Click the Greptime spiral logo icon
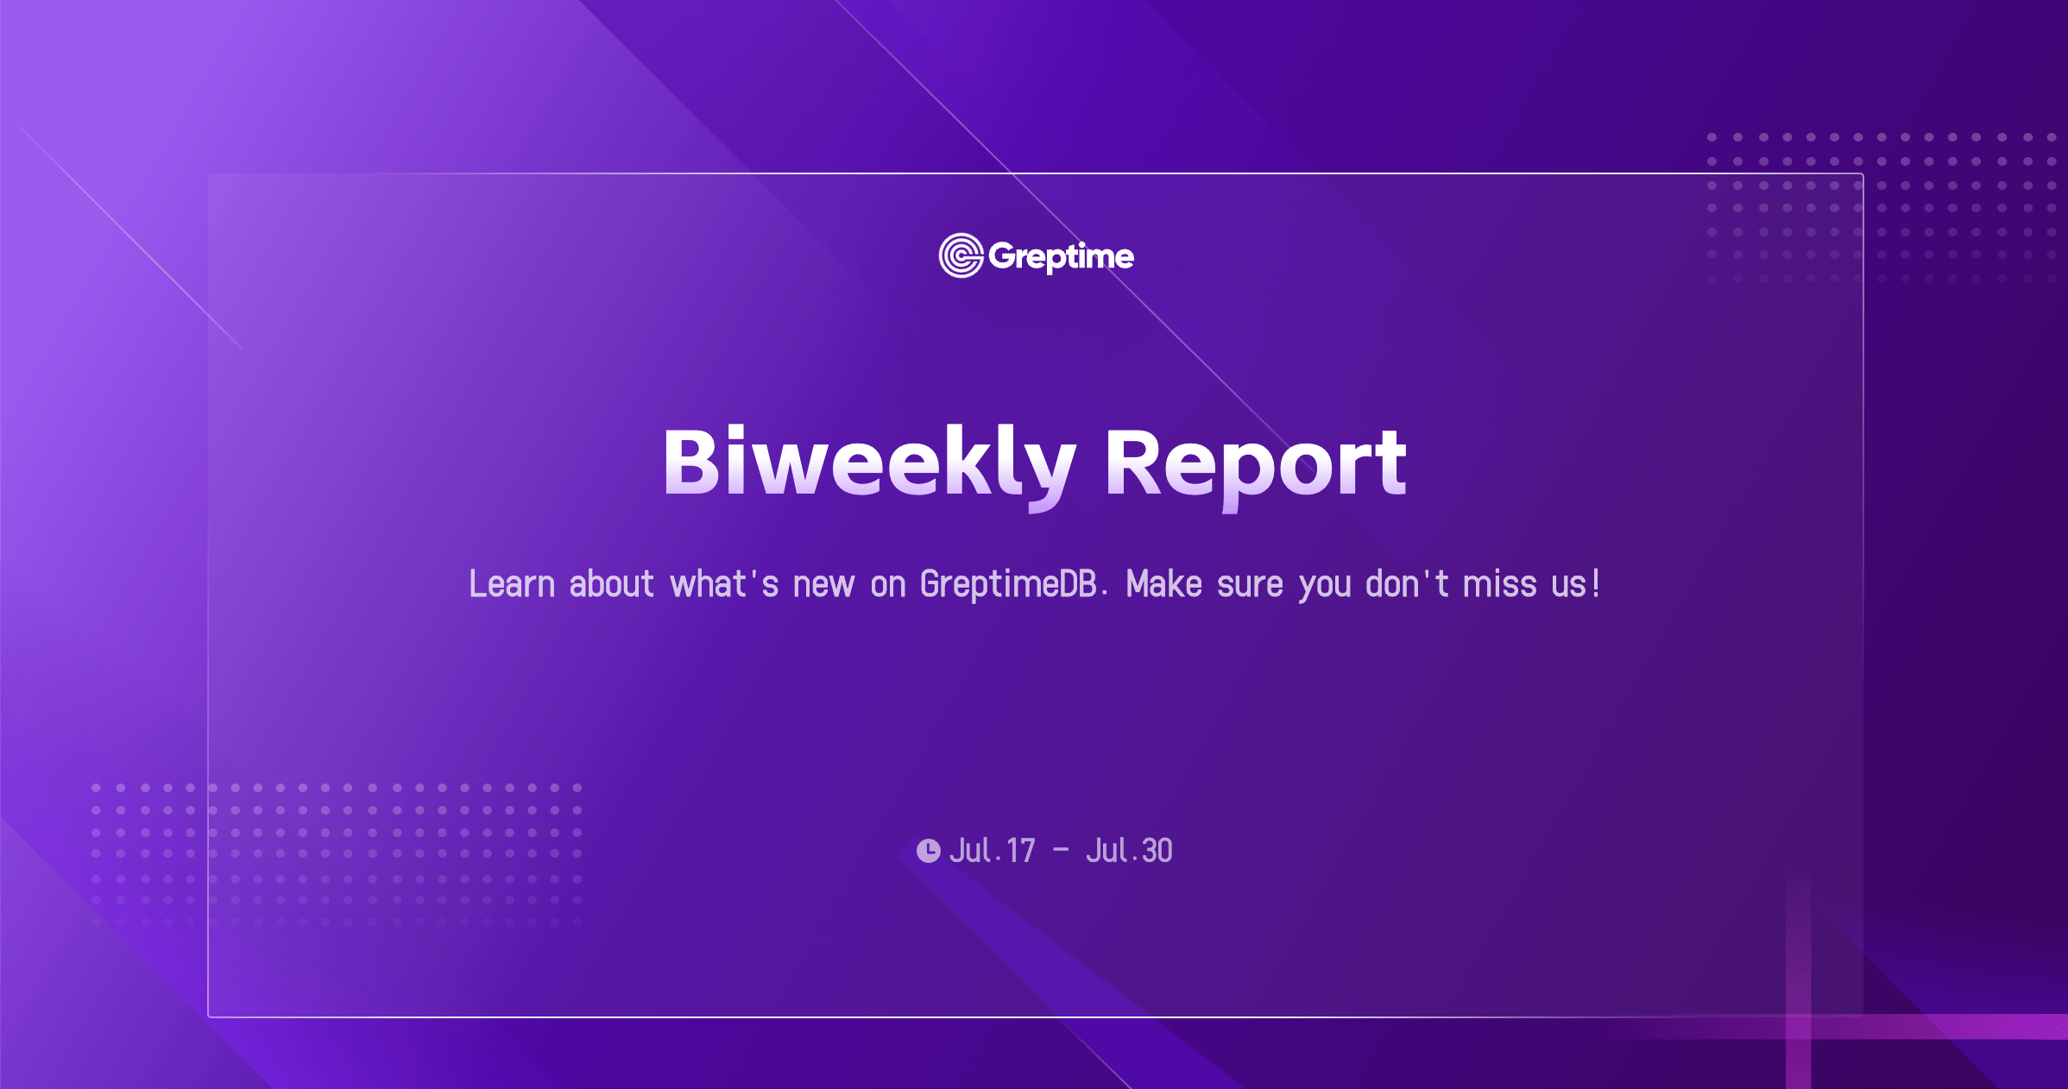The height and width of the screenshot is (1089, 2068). (x=961, y=255)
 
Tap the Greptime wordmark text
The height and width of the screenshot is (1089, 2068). (x=1061, y=256)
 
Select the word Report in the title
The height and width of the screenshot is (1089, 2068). (x=1256, y=466)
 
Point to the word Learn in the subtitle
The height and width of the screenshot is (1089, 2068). (x=512, y=584)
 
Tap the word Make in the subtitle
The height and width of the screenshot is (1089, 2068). (x=1164, y=584)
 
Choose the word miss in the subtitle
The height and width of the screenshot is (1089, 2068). (x=1499, y=584)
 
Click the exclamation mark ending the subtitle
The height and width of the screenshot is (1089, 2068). (x=1596, y=583)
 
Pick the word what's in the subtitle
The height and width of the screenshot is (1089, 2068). (x=724, y=584)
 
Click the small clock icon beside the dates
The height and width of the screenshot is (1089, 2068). (x=929, y=851)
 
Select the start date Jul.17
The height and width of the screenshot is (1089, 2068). (x=992, y=851)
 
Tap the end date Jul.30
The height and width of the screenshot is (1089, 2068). (x=1129, y=851)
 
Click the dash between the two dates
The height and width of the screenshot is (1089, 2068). (x=1061, y=851)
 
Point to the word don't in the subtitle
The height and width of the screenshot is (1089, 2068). (x=1407, y=584)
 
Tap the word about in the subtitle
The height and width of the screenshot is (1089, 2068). (x=611, y=584)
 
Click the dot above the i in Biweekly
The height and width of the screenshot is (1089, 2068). (x=735, y=432)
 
